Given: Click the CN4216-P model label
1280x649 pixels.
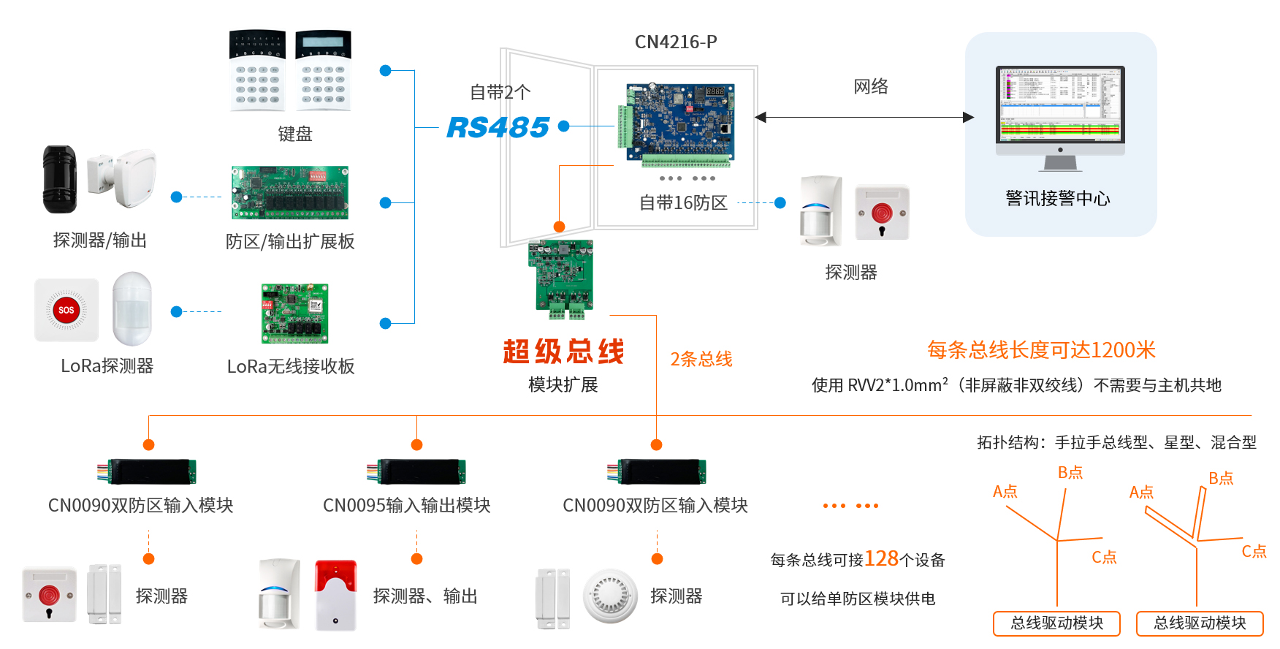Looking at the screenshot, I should tap(676, 42).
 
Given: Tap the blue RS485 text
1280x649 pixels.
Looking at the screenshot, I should tap(498, 127).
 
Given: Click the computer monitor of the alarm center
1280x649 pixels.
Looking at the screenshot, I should tap(1060, 106).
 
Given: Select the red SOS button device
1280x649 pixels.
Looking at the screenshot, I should tap(66, 310).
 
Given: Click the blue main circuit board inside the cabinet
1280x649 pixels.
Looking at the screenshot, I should tap(679, 121).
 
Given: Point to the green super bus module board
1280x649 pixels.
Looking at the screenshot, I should tap(561, 278).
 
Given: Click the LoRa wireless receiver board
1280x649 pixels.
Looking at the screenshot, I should tap(295, 314).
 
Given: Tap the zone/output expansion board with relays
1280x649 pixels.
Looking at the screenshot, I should tap(290, 193).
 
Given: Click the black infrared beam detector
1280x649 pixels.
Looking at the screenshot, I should tap(59, 179).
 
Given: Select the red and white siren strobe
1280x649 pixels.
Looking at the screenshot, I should tap(335, 595).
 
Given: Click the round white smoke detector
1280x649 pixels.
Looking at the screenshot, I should tap(610, 596).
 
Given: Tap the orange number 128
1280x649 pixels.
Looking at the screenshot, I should tap(882, 558).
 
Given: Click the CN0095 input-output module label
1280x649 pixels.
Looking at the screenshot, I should tap(406, 505).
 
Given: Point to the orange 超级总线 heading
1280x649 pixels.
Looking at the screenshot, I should tap(563, 352).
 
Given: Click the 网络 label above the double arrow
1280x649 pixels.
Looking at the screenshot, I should tap(871, 86).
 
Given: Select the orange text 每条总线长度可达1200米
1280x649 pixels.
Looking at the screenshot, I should tap(1041, 350).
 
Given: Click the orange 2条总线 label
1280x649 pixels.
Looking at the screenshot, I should tap(701, 359).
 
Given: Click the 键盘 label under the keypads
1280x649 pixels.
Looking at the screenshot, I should tap(294, 134).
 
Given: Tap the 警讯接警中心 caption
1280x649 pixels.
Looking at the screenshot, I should tap(1057, 198).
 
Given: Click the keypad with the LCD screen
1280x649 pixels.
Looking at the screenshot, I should tap(323, 70).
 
